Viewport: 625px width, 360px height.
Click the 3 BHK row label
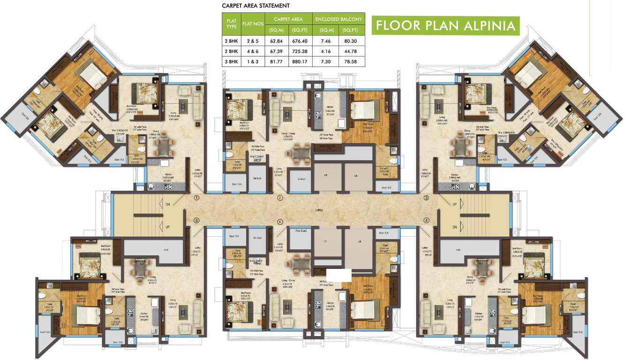[x=231, y=61]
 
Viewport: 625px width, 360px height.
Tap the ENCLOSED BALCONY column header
[x=339, y=19]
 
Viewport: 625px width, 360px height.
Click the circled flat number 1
[x=196, y=198]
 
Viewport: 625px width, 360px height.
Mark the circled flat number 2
[x=280, y=198]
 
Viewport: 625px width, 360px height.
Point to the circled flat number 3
[x=426, y=198]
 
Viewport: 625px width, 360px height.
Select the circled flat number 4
[x=426, y=220]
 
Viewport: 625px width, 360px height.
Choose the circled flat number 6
[x=196, y=220]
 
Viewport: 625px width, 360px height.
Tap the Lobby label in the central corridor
[x=319, y=210]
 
